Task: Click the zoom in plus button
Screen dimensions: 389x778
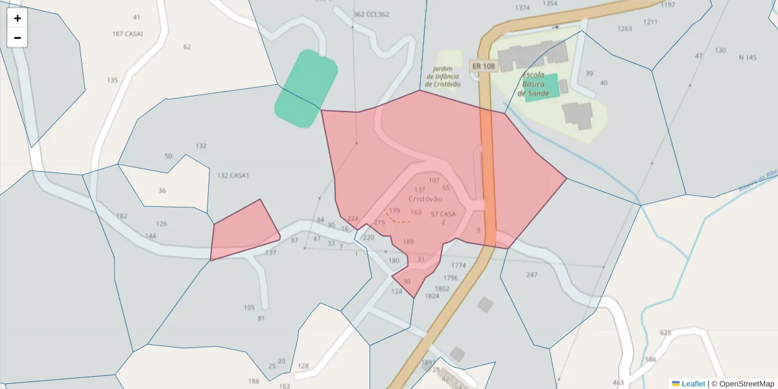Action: coord(18,18)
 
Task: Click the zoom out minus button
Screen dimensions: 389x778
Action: coord(18,38)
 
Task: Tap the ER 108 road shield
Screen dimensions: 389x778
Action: coord(483,66)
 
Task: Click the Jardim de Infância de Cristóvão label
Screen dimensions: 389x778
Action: coord(443,77)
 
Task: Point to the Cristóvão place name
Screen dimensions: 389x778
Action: coord(425,199)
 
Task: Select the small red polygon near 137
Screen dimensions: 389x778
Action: coord(244,231)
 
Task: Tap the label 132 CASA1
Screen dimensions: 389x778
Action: coord(233,176)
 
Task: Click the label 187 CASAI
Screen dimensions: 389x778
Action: coord(127,34)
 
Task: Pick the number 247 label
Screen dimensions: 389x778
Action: coord(532,275)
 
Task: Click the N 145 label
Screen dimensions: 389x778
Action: coord(747,58)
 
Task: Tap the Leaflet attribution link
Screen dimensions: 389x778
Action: coord(692,384)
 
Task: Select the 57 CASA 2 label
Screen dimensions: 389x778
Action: coord(443,217)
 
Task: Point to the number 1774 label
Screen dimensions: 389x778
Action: coord(458,266)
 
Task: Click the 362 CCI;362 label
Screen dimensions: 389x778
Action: coord(371,14)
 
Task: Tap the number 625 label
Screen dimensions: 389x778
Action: coord(665,333)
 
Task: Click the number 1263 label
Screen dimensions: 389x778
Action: coord(624,29)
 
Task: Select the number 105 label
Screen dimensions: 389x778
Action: coord(249,307)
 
